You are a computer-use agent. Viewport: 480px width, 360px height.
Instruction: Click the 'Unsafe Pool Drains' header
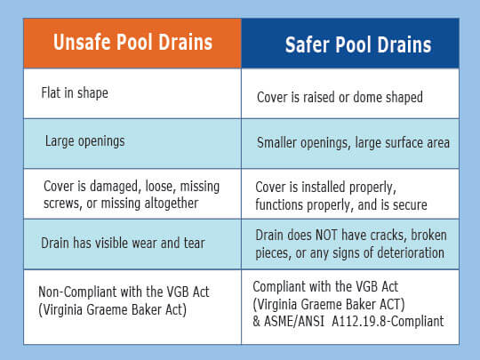132,42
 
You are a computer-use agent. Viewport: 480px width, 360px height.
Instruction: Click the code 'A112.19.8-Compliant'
388,322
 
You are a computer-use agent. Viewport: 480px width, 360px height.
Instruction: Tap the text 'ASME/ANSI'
294,322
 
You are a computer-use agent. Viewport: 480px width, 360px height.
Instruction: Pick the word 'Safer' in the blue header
307,44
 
